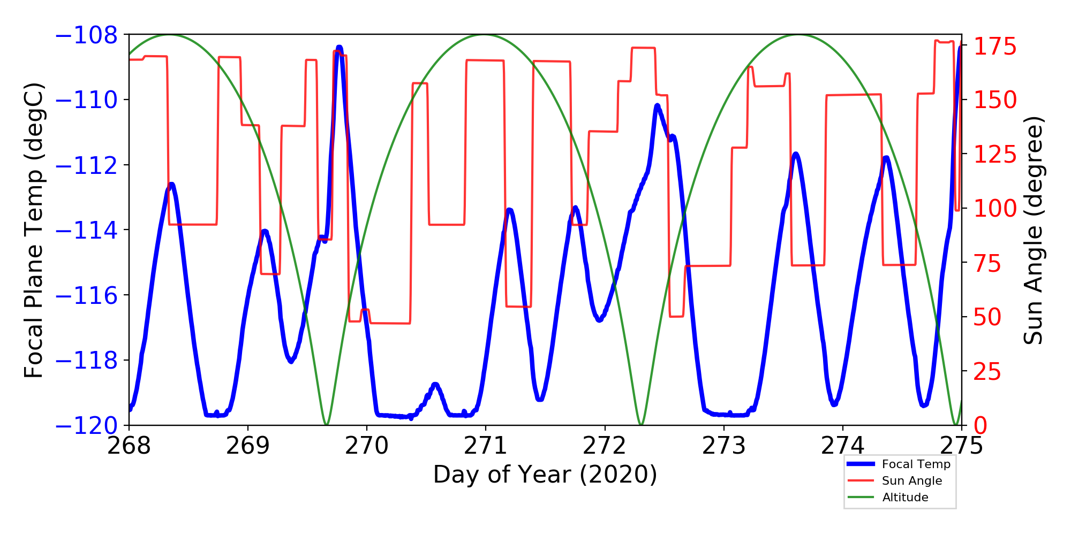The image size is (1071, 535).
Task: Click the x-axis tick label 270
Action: coord(367,446)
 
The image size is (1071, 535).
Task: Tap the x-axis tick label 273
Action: coord(724,446)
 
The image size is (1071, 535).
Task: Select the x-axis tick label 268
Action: coord(129,446)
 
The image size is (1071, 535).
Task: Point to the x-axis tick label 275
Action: coord(962,446)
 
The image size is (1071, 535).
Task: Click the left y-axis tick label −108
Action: coord(86,35)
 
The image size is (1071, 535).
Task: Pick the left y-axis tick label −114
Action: coord(86,231)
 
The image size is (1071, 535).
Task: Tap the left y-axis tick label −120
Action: coord(86,426)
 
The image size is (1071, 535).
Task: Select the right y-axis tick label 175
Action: coord(995,47)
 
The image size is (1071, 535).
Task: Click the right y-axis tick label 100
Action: coord(995,209)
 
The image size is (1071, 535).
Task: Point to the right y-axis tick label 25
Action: coord(987,371)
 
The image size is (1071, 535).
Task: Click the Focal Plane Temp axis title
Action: coord(34,230)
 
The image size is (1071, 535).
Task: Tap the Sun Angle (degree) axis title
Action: coord(1033,230)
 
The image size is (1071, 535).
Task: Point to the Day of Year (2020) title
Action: coord(545,475)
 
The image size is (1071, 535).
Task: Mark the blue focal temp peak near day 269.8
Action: coord(340,47)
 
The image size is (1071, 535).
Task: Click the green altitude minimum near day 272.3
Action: coord(642,424)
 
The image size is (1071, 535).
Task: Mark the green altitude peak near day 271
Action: coord(484,35)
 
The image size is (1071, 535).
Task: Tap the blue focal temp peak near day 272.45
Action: coord(657,105)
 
